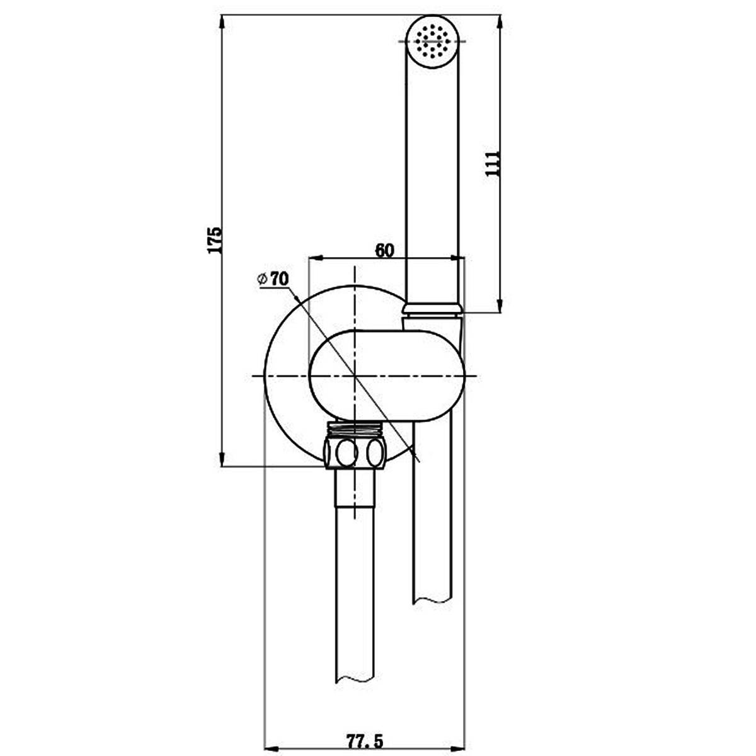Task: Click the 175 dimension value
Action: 215,239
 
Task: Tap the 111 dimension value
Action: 493,163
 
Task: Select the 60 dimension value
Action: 384,250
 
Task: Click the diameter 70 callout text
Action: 273,279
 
